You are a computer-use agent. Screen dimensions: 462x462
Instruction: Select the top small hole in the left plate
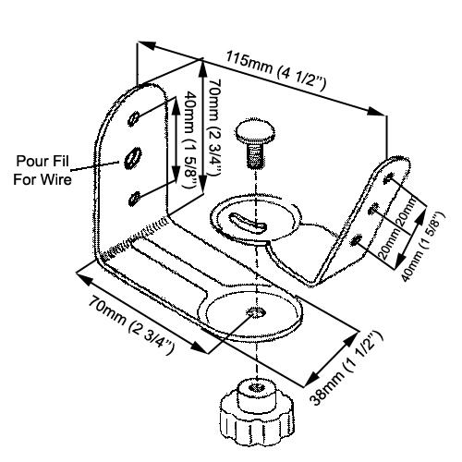[135, 116]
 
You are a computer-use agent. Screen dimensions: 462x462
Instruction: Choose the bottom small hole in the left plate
[136, 195]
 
